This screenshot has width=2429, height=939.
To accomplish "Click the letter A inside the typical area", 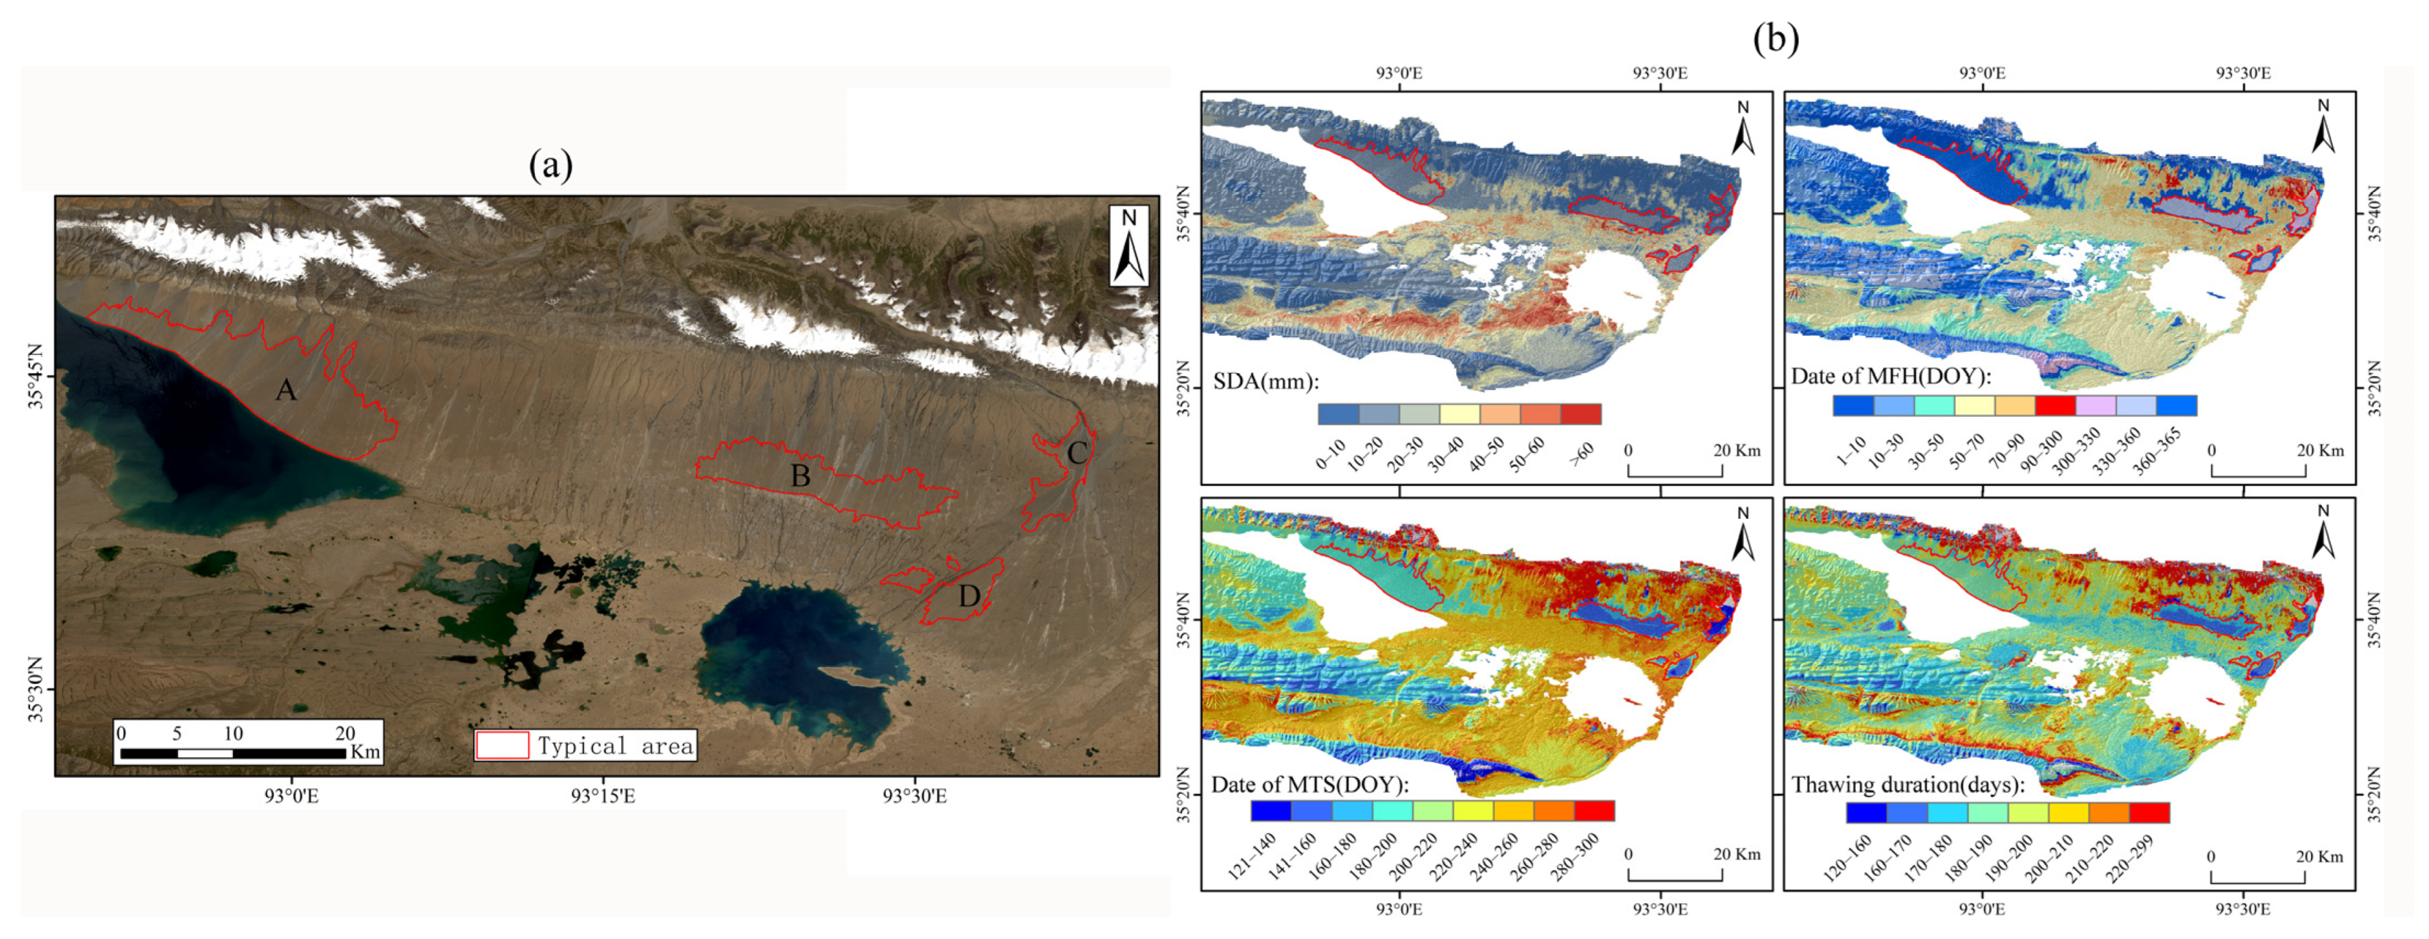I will point(286,389).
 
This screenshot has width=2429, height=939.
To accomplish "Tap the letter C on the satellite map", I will point(1077,454).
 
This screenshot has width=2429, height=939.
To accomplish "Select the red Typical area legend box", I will point(502,746).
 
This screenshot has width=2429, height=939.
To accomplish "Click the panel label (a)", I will point(551,166).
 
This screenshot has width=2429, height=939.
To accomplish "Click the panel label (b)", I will point(1776,38).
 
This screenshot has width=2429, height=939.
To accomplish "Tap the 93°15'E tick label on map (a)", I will point(603,796).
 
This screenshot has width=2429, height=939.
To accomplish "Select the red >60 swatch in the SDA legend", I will point(1580,414).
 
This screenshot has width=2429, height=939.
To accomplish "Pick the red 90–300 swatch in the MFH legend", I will point(2055,405).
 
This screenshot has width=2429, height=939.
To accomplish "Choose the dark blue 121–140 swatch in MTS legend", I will point(1271,811).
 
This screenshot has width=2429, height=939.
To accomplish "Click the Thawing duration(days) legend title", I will point(1907,784).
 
